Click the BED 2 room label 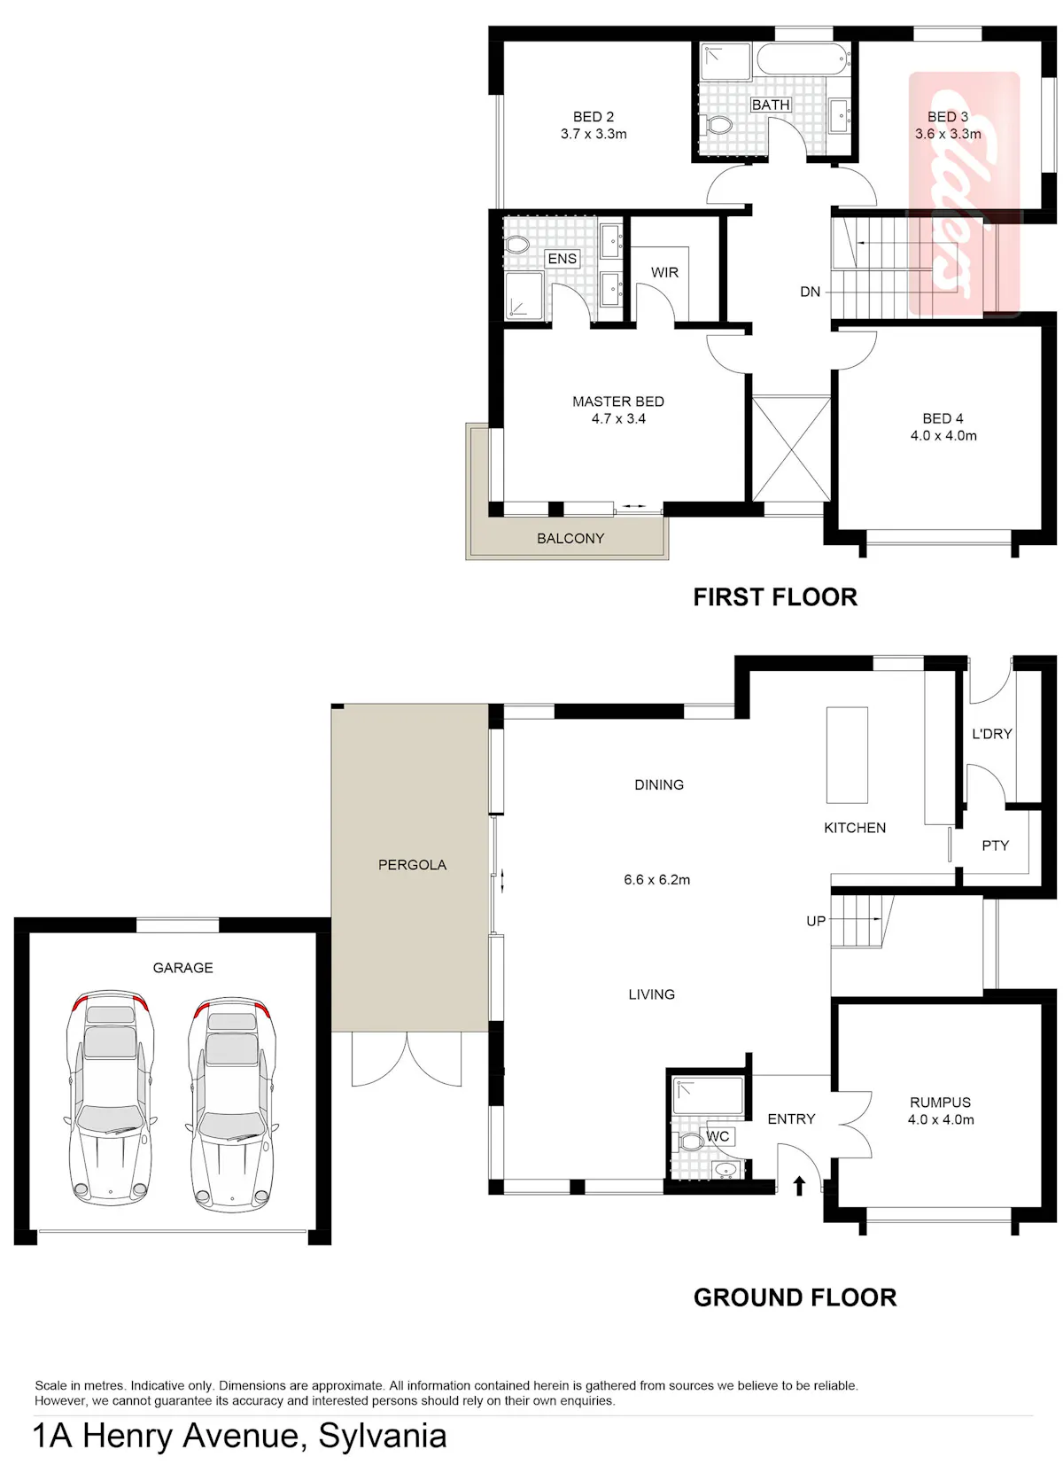593,117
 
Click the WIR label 664,273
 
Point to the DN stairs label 810,292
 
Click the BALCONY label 570,538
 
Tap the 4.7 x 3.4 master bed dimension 618,418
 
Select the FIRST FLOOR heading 775,597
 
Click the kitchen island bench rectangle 847,755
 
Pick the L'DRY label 992,734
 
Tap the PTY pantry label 995,845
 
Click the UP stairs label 816,921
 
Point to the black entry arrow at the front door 799,1186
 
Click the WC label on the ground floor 718,1136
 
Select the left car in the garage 110,1097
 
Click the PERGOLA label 412,865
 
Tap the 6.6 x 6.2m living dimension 656,880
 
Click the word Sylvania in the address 383,1436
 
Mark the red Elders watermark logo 965,194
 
